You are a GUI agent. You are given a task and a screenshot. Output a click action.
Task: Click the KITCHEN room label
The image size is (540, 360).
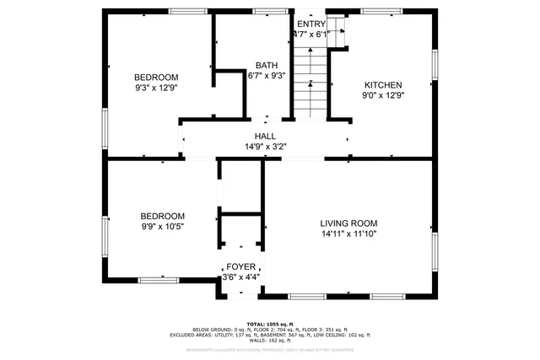point(382,84)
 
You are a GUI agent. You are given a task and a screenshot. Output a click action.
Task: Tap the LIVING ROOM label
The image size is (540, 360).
point(348,223)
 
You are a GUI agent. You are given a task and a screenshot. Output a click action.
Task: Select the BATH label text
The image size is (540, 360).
point(267,65)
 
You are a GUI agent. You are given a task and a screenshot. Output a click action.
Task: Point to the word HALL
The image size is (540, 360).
point(265,136)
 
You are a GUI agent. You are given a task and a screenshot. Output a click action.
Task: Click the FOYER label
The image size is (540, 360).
point(240,266)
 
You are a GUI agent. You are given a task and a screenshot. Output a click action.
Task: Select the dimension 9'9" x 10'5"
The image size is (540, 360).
point(162,227)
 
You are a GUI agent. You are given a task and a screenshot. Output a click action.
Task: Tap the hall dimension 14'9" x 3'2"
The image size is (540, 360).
point(265,146)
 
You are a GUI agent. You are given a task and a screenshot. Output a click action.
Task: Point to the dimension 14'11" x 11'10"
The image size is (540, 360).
point(348,234)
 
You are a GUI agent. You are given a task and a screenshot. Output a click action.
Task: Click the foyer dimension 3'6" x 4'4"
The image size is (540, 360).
point(240,277)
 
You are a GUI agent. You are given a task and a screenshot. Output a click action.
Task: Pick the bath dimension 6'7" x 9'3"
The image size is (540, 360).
point(267,75)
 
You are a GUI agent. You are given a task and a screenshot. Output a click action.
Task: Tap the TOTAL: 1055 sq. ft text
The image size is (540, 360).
point(269,324)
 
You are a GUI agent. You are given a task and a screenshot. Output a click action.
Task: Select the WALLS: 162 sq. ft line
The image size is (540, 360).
point(269,340)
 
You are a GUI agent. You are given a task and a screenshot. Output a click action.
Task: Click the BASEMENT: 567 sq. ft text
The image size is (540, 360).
point(296,335)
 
